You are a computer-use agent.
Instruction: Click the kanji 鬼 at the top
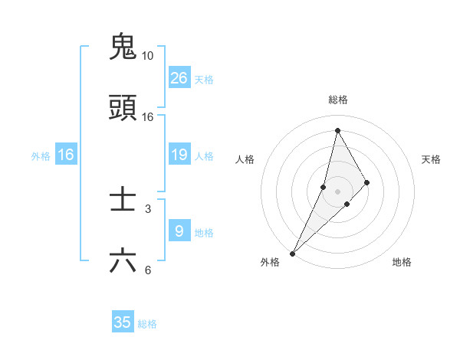pyautogui.click(x=123, y=47)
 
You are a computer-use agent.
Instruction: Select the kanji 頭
pyautogui.click(x=123, y=108)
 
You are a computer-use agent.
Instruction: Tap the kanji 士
pyautogui.click(x=123, y=200)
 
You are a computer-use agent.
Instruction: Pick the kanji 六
pyautogui.click(x=123, y=261)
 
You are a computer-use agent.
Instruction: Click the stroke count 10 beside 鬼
pyautogui.click(x=148, y=56)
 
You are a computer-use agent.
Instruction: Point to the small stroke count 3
pyautogui.click(x=148, y=208)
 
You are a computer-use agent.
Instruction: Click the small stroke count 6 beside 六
pyautogui.click(x=148, y=270)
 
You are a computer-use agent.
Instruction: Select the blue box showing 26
pyautogui.click(x=179, y=78)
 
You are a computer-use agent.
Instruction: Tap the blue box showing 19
pyautogui.click(x=179, y=155)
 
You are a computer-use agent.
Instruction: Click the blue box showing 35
pyautogui.click(x=123, y=322)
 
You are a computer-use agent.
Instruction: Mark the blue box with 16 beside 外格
pyautogui.click(x=66, y=155)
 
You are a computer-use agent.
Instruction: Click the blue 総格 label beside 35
pyautogui.click(x=148, y=324)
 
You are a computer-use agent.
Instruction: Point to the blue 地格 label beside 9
pyautogui.click(x=205, y=233)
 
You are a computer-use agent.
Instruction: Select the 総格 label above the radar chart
pyautogui.click(x=338, y=100)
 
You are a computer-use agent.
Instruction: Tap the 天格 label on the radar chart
pyautogui.click(x=432, y=159)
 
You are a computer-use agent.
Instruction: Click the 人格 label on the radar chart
pyautogui.click(x=245, y=159)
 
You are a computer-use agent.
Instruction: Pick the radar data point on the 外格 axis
pyautogui.click(x=292, y=253)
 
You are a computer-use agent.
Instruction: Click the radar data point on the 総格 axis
pyautogui.click(x=338, y=130)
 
